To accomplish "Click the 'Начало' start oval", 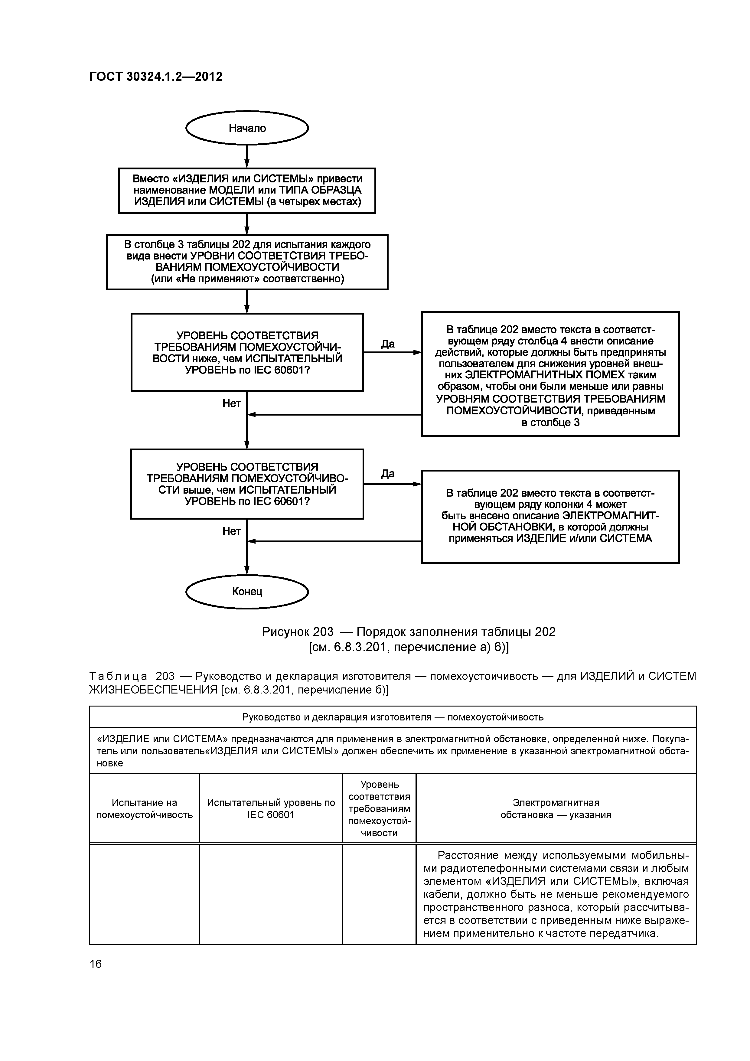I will tap(247, 128).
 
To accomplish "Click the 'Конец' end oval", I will tap(247, 592).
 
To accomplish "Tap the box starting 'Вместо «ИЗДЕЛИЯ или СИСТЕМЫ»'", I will tap(247, 190).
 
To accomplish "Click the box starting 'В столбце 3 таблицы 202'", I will tap(247, 262).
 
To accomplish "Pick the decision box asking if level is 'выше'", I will tap(247, 484).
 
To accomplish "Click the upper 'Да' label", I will tap(388, 344).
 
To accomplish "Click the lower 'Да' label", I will tap(388, 474).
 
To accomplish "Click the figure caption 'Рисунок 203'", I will tap(409, 632).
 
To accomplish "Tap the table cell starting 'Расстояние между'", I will tap(556, 894).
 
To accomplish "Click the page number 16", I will tap(96, 964).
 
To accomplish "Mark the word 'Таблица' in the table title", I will tap(118, 677).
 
